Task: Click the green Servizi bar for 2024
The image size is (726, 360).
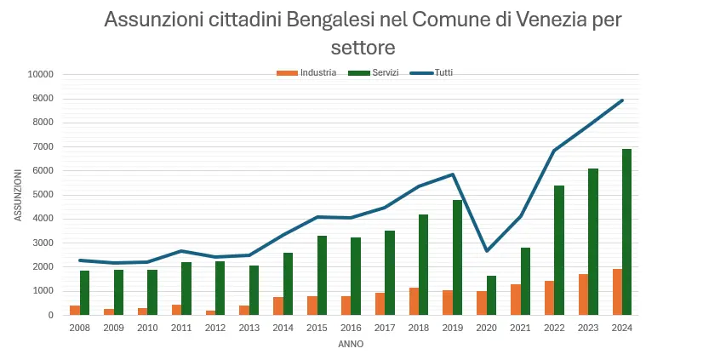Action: coord(627,231)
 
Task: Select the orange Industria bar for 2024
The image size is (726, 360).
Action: coord(616,292)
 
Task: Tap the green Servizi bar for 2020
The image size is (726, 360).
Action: coord(491,295)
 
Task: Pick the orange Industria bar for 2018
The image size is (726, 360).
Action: coord(413,301)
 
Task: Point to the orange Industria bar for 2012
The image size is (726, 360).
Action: coord(209,312)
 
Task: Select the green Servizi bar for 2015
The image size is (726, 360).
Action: coord(322,275)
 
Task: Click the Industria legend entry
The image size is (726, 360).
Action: coord(306,72)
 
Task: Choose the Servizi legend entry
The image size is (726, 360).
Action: coord(378,72)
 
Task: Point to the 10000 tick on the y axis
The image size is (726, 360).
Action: coord(41,74)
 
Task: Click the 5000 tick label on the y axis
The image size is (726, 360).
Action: coord(43,194)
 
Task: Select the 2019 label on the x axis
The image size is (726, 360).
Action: coord(453,328)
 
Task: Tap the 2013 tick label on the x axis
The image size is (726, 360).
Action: coord(249,328)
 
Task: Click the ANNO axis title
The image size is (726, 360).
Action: coord(351,344)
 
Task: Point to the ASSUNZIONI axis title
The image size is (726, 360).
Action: coord(19,194)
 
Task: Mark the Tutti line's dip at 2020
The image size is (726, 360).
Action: coord(486,250)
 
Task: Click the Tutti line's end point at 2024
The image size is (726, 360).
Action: coord(622,100)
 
